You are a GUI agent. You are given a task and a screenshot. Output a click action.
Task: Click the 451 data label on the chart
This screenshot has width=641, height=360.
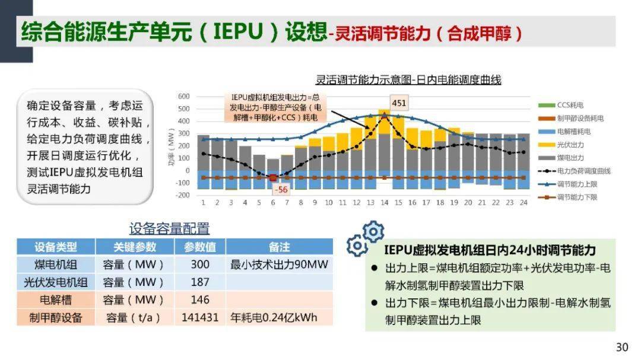pos(399,103)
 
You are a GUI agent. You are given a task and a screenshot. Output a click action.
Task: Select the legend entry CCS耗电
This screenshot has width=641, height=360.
pos(572,105)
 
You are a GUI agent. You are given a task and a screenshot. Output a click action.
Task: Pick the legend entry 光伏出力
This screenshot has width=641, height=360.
pos(570,144)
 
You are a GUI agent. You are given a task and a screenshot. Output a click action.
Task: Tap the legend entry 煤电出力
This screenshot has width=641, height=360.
pos(570,158)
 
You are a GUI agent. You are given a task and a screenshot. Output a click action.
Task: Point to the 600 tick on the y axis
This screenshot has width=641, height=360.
pos(184,96)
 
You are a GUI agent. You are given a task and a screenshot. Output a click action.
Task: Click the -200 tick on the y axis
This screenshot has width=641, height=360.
pos(183,195)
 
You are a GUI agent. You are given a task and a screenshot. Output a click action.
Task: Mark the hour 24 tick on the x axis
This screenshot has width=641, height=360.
pos(523,202)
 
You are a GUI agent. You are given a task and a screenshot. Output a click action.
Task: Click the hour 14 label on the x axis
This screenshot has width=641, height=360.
pos(385,202)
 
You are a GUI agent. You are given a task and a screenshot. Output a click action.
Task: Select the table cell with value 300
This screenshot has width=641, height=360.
pos(200,264)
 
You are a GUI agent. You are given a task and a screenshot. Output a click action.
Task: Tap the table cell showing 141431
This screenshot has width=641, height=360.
pos(200,317)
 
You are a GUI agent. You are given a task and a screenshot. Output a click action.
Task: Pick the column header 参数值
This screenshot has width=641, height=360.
pos(200,247)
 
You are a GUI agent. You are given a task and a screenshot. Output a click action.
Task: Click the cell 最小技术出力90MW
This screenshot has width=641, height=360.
pos(279,264)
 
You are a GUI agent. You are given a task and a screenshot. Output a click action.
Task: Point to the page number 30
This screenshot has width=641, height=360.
pos(621,348)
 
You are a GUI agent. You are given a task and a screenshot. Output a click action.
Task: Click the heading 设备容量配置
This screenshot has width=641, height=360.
pos(170,229)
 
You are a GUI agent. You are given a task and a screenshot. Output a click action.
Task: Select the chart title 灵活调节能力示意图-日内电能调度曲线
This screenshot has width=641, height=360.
pos(408,80)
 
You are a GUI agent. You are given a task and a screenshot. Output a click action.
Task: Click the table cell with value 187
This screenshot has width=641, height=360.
pos(200,282)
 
